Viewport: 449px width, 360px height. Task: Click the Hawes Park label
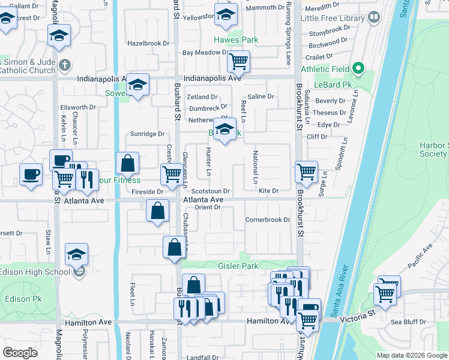237,40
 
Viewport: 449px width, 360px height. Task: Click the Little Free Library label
332,18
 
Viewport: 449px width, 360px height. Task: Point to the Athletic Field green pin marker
359,69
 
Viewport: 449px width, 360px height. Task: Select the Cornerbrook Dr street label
268,220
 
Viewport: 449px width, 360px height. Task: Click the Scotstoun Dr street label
211,191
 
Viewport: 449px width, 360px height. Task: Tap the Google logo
20,353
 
